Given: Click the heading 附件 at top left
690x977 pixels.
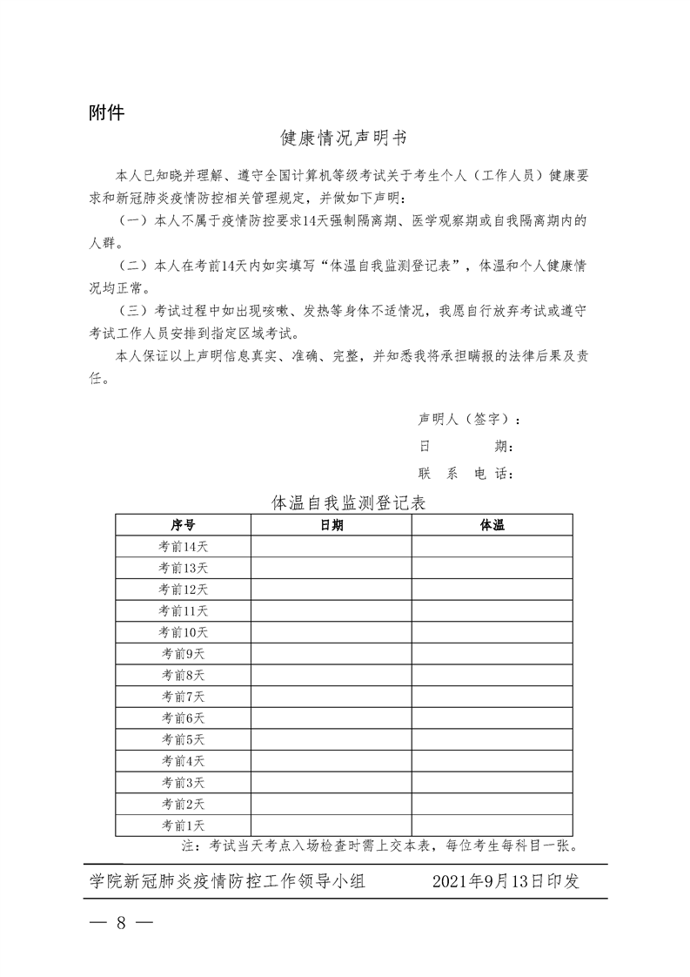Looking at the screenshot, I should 107,112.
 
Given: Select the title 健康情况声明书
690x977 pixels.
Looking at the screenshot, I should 345,138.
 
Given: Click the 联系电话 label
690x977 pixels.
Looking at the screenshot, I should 465,474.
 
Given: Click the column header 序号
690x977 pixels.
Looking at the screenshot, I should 183,525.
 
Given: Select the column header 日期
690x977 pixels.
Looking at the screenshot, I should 332,525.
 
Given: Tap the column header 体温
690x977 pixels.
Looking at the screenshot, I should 492,525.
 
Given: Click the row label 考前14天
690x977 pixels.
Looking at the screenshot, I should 183,546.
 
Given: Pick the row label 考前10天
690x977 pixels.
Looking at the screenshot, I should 183,632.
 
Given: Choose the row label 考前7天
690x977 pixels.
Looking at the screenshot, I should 183,697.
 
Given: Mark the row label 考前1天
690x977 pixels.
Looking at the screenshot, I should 183,825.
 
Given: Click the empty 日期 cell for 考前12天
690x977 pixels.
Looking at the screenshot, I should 332,590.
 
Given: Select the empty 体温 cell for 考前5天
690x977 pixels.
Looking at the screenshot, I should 492,739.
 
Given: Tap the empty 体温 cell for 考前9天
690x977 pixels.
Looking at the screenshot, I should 492,653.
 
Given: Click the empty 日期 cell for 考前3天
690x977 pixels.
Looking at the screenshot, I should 332,782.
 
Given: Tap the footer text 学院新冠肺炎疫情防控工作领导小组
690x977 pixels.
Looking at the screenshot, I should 227,881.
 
